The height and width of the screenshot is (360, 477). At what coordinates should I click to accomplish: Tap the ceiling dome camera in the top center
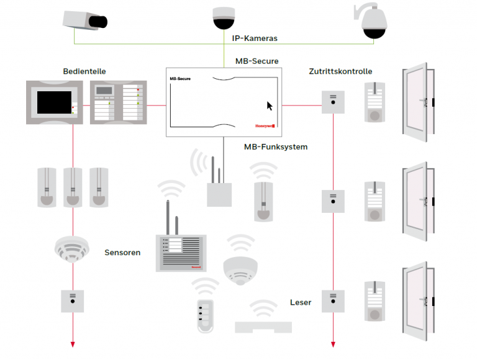[x=224, y=19]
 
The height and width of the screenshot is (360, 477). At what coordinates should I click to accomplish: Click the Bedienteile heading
[x=84, y=71]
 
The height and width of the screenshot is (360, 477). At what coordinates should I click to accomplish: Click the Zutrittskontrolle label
[x=340, y=71]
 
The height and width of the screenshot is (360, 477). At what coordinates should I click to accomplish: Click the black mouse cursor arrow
[x=270, y=106]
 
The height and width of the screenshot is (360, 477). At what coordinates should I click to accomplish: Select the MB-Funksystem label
[x=275, y=147]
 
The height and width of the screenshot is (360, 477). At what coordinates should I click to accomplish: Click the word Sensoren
[x=122, y=253]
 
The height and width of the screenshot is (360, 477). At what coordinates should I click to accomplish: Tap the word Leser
[x=301, y=302]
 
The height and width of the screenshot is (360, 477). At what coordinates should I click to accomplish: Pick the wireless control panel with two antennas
[x=179, y=251]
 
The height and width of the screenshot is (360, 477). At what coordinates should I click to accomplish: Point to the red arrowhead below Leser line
[x=334, y=343]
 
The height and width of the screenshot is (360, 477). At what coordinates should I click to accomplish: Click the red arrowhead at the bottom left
[x=73, y=343]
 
